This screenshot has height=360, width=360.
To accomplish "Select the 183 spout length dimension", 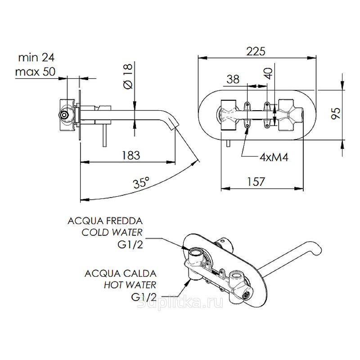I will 131,155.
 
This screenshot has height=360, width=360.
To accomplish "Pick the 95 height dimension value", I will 335,112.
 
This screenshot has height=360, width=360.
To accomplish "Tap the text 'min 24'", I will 36,58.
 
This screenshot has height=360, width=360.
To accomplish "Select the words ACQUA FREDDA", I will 105,221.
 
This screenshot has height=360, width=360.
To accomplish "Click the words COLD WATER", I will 112,233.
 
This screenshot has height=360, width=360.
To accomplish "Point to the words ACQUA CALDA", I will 120,273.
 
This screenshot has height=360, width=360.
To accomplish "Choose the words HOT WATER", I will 130,285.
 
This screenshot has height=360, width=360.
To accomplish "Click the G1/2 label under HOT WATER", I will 144,297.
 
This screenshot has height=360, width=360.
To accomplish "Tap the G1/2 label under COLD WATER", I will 130,244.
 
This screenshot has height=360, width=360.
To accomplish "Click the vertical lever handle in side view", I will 105,135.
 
